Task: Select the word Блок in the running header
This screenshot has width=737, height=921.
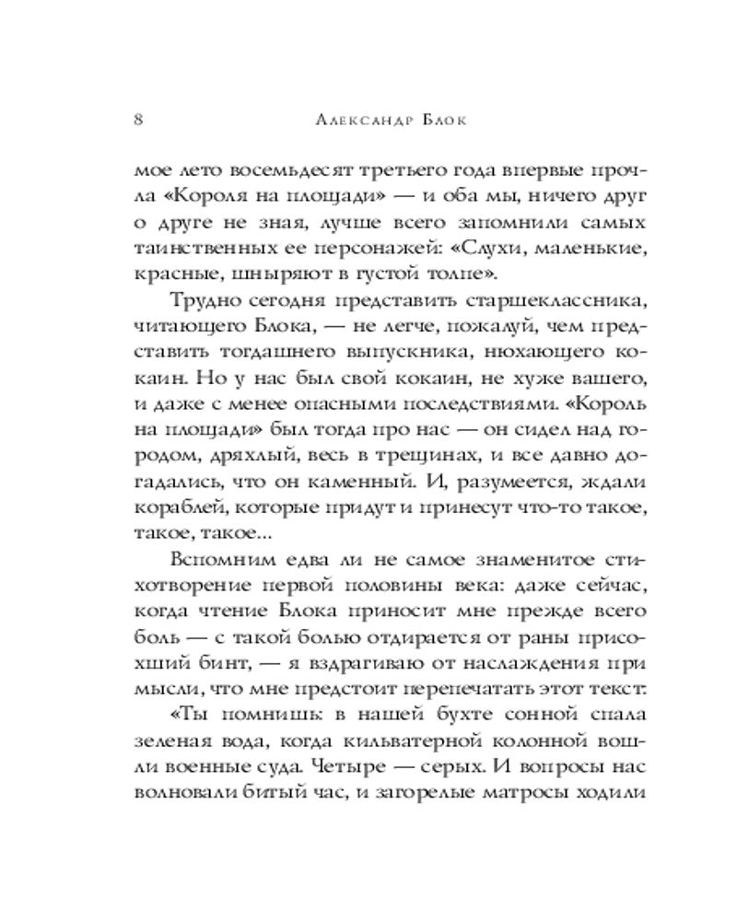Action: (445, 122)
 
